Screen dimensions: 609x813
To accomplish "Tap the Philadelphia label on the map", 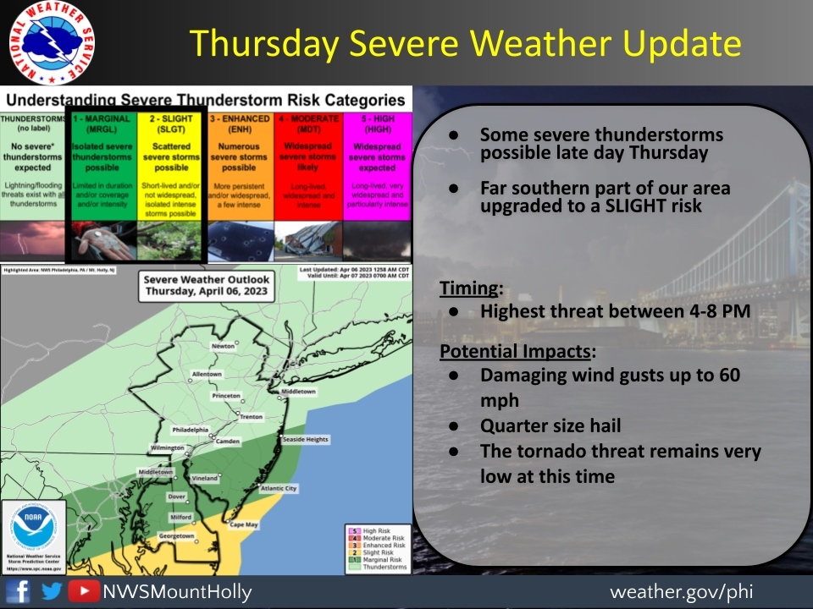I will [190, 430].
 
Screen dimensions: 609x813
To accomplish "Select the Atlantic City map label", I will [279, 488].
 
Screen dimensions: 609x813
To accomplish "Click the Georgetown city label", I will [177, 535].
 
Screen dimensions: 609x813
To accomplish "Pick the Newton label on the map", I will [224, 346].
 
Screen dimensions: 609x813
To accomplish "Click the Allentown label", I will [207, 374].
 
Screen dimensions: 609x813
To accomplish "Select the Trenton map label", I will [252, 417].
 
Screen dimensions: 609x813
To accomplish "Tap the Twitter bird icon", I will [52, 591].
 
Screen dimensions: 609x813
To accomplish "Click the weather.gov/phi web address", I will [680, 591].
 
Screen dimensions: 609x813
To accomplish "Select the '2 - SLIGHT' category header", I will [170, 124].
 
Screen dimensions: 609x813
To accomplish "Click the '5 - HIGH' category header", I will [378, 124].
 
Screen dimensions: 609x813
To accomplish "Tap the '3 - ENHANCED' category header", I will [240, 124].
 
